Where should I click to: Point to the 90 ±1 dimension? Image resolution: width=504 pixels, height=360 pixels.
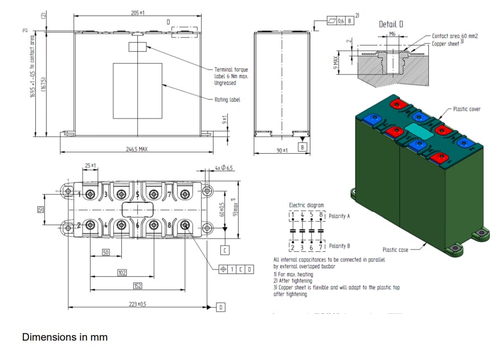(x=281, y=149)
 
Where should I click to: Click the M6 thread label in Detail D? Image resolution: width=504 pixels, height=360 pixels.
(x=392, y=35)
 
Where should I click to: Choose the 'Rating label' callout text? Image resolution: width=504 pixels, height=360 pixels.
(x=227, y=99)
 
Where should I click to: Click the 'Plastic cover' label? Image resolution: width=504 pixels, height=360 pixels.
(x=466, y=109)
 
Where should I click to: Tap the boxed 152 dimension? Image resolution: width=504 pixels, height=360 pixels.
(x=137, y=286)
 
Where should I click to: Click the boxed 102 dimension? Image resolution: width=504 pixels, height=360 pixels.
(x=121, y=273)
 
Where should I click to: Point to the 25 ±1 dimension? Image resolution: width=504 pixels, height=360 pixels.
(x=90, y=166)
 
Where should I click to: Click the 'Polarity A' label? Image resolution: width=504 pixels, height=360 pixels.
(x=339, y=217)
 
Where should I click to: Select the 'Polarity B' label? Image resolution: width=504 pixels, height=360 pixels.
(x=339, y=246)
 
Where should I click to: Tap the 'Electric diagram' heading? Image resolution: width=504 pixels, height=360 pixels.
(x=306, y=205)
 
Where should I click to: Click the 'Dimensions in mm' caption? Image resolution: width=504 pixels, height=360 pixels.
(x=64, y=337)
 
